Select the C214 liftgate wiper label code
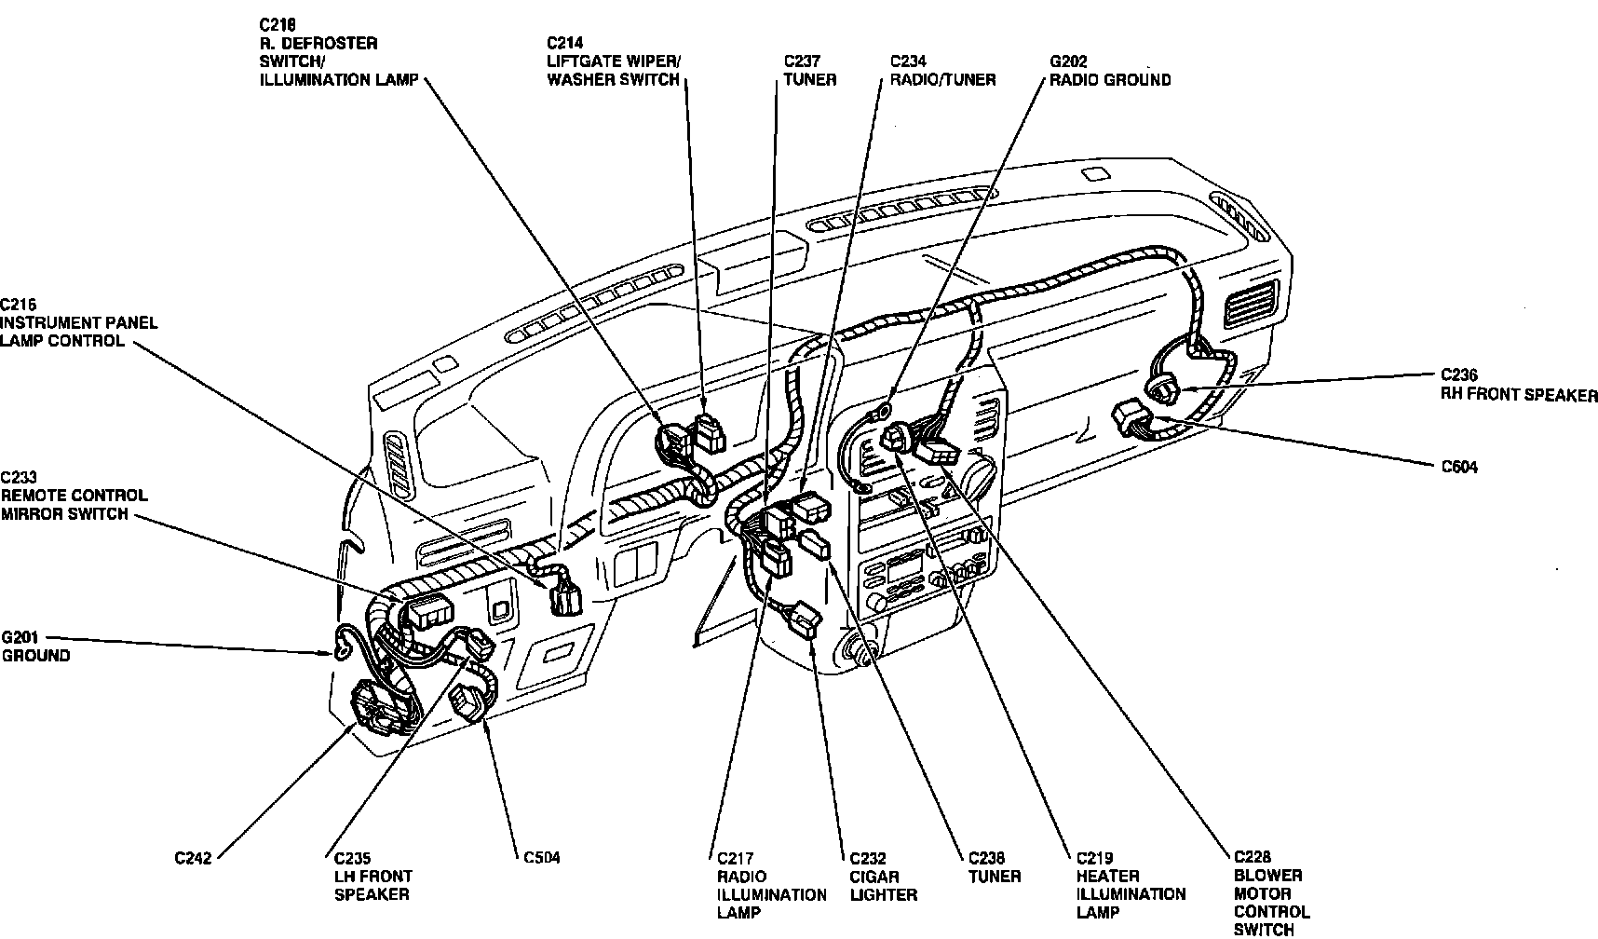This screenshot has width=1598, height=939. pos(565,42)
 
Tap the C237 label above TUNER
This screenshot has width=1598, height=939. pos(800,61)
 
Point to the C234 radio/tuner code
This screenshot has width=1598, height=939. pos(909,61)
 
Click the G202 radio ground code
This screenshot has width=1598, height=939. pos(1068,61)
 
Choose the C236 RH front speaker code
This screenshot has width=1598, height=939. pos(1459,376)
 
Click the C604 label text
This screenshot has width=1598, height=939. pos(1459,468)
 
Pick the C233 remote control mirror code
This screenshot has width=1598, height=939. pos(19,478)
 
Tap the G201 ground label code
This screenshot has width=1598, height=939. pos(19,638)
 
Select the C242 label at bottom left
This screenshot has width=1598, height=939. pos(193,858)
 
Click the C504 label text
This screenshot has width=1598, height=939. pos(541,858)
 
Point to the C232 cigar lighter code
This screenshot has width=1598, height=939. pos(868,858)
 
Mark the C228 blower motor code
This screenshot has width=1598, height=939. pos(1253,857)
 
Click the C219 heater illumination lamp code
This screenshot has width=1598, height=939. pos(1095,858)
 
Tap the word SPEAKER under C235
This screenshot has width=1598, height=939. pos(372,894)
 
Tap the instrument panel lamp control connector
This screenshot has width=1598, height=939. pos(565,596)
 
